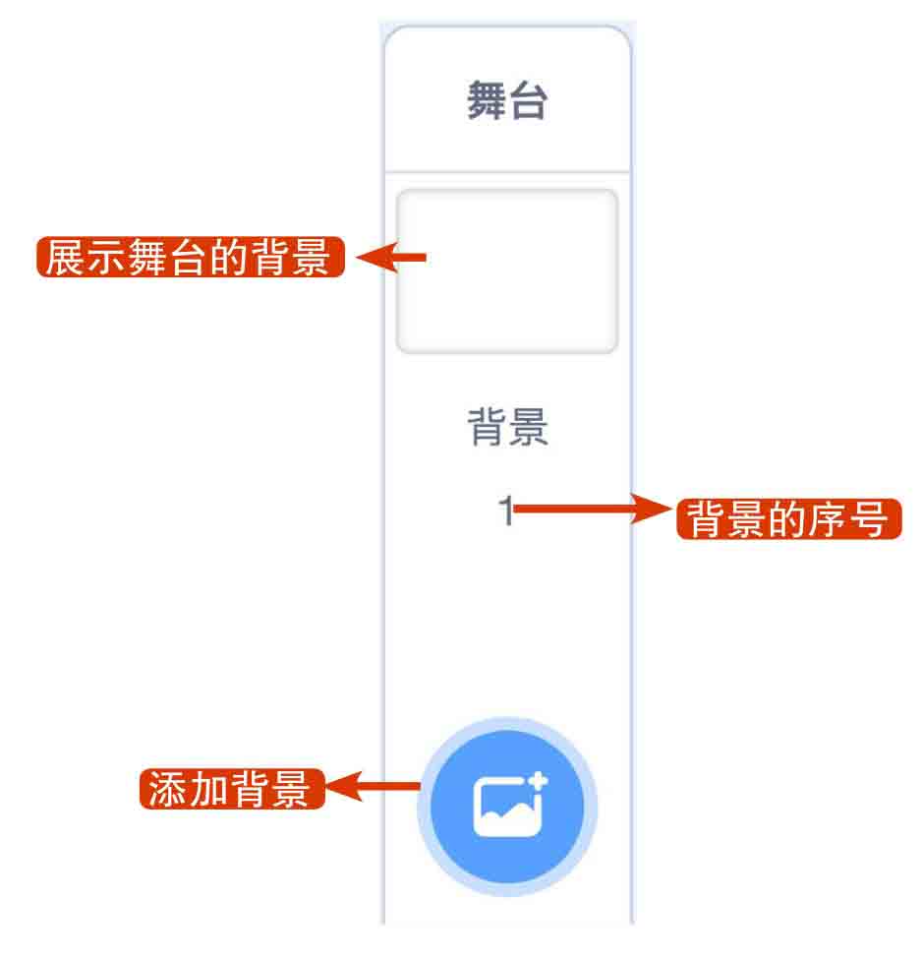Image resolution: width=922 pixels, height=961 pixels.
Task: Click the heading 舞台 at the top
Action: click(506, 102)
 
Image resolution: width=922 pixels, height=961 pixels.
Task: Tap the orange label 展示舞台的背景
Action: click(190, 258)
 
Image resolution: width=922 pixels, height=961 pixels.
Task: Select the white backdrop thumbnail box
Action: click(506, 271)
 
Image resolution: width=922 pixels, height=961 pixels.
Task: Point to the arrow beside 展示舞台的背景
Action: click(390, 259)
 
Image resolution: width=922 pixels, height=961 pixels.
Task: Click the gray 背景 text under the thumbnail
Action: click(507, 429)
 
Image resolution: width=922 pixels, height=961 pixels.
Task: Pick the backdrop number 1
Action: click(505, 511)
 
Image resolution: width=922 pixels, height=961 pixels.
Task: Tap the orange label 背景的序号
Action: click(788, 518)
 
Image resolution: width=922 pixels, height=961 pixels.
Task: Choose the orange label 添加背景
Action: click(232, 789)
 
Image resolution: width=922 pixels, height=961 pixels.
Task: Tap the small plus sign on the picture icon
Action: click(538, 783)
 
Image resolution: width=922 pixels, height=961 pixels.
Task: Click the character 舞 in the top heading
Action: click(487, 102)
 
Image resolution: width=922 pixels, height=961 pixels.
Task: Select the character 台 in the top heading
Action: click(528, 102)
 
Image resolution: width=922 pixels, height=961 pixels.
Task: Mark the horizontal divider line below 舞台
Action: click(506, 172)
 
